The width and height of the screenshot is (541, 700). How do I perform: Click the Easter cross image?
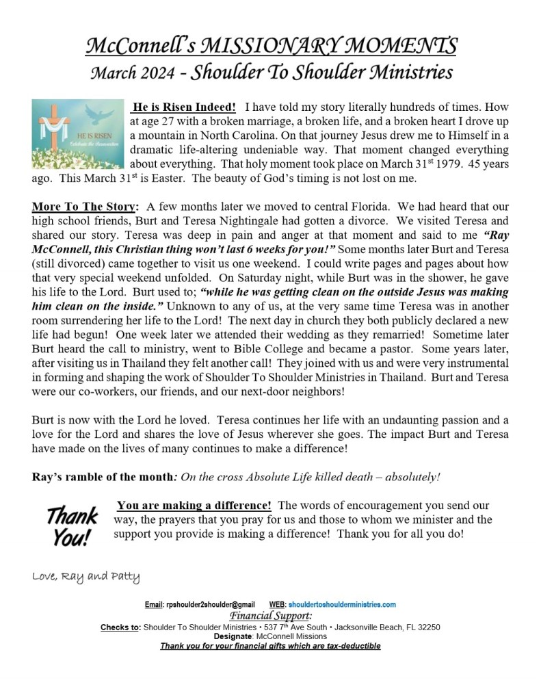(x=77, y=134)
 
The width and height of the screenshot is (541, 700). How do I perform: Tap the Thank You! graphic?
(x=71, y=525)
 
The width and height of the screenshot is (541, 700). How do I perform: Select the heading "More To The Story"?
(x=84, y=206)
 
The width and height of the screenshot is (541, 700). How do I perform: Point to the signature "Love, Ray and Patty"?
(x=86, y=576)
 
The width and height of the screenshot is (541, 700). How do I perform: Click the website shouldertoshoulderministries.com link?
(x=342, y=605)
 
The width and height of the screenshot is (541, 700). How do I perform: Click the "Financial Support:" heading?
(x=270, y=615)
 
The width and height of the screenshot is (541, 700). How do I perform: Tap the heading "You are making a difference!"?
(x=194, y=506)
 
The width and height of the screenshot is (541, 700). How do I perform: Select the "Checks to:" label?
(x=120, y=626)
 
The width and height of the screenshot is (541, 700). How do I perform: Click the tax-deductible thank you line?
(x=270, y=645)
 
